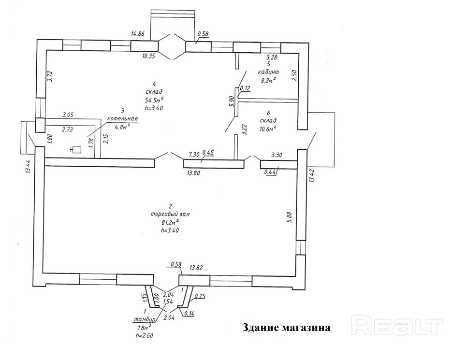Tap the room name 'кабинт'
(x=269, y=72)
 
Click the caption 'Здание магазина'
(x=286, y=328)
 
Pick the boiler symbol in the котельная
(x=75, y=150)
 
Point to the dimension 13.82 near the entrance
(x=196, y=267)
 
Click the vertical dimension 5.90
(x=231, y=103)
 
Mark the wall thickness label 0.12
(x=245, y=88)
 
